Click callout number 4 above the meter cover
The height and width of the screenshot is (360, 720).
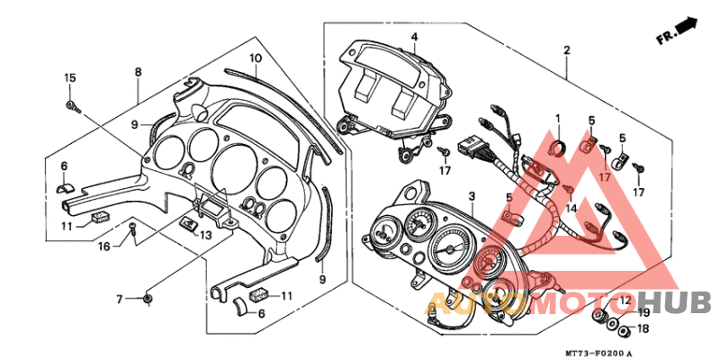415,37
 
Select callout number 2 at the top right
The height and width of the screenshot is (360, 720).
567,50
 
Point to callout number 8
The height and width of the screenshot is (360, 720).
138,72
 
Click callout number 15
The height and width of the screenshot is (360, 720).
69,79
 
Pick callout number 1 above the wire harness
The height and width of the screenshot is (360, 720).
557,119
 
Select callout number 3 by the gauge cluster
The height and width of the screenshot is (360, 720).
471,196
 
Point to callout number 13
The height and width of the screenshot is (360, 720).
206,235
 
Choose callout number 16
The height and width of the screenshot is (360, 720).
105,245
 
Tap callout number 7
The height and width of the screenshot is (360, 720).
119,298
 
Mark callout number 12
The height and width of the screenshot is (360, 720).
625,299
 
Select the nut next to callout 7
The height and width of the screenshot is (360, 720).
148,298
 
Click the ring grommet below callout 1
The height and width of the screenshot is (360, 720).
556,146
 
